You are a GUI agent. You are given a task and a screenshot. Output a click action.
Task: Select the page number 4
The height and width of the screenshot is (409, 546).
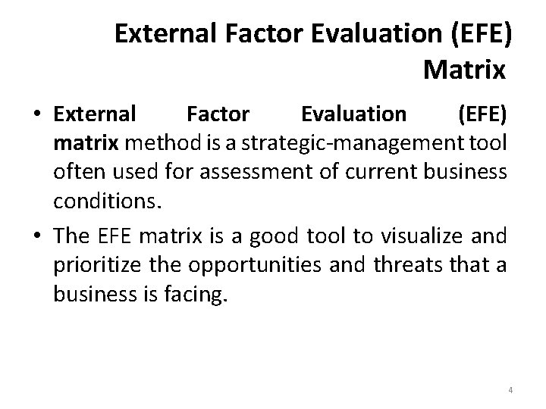click(x=510, y=390)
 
